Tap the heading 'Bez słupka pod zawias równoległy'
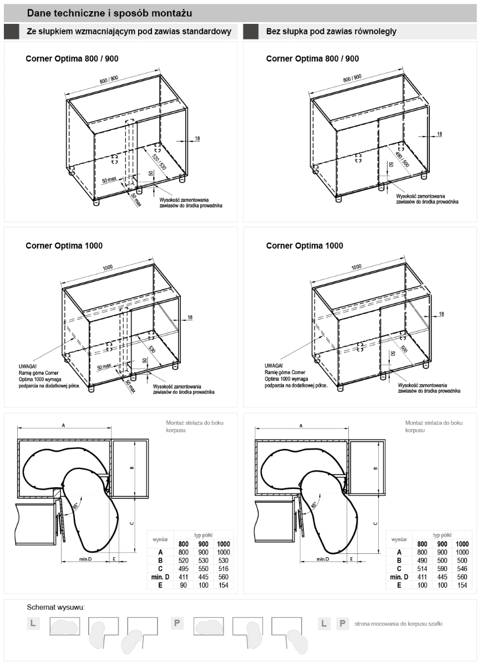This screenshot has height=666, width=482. pyautogui.click(x=331, y=32)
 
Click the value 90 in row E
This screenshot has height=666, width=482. pyautogui.click(x=183, y=585)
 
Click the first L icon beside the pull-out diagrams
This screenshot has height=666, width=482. pyautogui.click(x=33, y=623)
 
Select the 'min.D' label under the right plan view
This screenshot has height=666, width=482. pyautogui.click(x=322, y=559)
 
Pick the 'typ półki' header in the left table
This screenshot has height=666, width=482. pyautogui.click(x=202, y=534)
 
